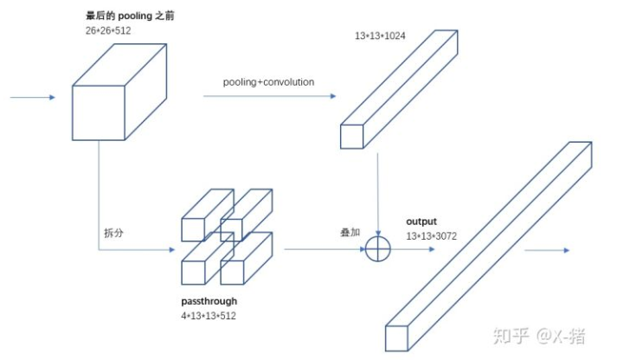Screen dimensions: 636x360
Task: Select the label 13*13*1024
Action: (382, 35)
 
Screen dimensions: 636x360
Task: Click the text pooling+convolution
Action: (268, 82)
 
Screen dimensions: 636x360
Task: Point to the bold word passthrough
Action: (209, 301)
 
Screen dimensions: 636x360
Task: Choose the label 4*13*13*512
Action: (209, 316)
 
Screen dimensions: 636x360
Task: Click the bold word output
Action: (422, 222)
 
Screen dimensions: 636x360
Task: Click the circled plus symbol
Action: (379, 249)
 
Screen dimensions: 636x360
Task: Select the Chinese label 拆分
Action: (113, 234)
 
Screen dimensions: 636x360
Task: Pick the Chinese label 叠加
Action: (350, 234)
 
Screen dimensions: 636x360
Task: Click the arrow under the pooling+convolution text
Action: (268, 97)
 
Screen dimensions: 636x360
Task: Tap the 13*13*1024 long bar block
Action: (398, 91)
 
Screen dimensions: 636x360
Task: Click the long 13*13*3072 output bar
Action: (489, 247)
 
